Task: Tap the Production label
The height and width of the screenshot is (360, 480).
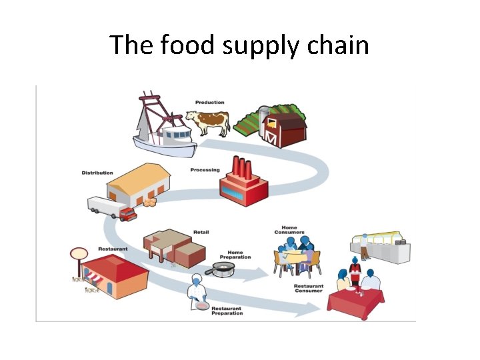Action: pos(209,102)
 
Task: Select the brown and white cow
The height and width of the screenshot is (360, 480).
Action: pos(208,121)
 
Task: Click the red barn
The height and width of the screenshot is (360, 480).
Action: pos(283,128)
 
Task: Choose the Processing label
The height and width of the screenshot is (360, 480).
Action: pos(205,170)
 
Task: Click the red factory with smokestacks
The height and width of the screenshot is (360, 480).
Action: pos(244,181)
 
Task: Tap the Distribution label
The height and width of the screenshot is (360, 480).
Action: pos(97,173)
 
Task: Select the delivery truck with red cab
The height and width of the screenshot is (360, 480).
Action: pos(112,208)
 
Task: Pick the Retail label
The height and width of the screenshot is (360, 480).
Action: pos(201,232)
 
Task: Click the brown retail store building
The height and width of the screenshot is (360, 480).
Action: pos(174,247)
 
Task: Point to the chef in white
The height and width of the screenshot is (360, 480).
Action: pos(198,291)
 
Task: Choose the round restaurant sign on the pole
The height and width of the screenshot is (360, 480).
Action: pos(79,253)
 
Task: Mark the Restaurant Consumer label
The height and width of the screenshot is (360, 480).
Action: pos(309,289)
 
